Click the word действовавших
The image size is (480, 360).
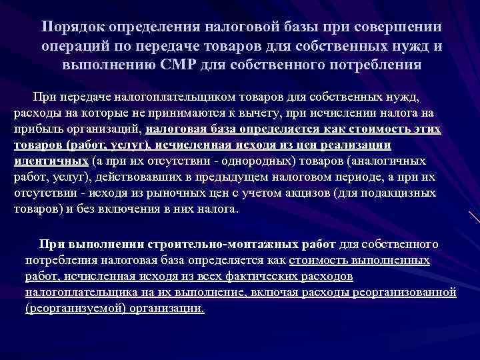point(135,177)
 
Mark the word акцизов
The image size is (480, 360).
point(301,193)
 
